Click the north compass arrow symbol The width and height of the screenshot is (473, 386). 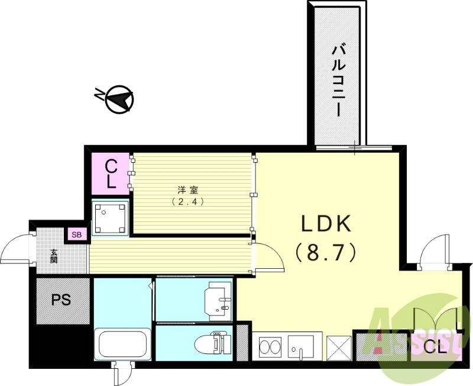pos(118,101)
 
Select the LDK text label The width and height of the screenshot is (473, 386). pos(326,224)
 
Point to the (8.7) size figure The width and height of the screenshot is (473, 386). pos(326,253)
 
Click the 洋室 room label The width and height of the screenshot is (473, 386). pos(187,190)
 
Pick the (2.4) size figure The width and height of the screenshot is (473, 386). pos(187,201)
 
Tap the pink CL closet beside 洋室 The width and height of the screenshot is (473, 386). pos(111,173)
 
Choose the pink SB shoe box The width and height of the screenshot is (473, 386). pos(77,234)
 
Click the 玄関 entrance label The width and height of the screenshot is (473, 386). pos(54,256)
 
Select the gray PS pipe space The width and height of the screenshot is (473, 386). pos(61,300)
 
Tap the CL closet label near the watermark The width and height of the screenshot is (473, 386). pos(435,349)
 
